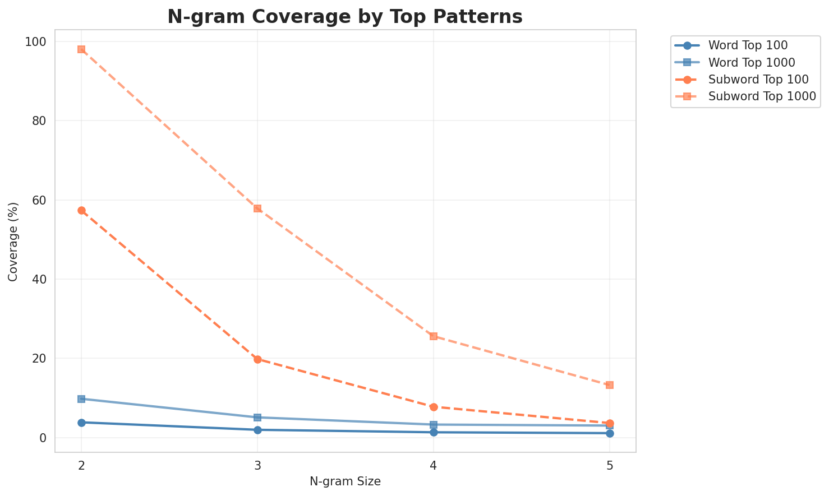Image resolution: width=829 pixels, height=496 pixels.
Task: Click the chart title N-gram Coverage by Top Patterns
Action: [x=345, y=17]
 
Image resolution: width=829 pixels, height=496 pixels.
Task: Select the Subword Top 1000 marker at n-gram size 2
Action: [x=81, y=49]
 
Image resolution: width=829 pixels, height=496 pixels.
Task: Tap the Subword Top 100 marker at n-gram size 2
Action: [x=81, y=210]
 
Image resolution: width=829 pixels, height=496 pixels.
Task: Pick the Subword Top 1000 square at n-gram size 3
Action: [x=257, y=208]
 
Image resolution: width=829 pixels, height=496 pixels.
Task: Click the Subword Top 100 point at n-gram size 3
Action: [x=257, y=359]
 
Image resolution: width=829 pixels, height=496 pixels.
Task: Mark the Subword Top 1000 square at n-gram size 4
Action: [x=434, y=336]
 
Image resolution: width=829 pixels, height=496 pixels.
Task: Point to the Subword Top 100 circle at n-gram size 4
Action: [x=434, y=407]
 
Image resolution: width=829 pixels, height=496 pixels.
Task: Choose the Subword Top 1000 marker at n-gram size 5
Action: [x=610, y=385]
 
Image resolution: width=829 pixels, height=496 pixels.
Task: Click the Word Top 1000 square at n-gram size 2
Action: [x=81, y=399]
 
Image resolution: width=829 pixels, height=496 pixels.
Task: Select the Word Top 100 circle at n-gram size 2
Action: [x=81, y=423]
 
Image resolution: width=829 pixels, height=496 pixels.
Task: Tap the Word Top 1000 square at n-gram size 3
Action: [x=257, y=418]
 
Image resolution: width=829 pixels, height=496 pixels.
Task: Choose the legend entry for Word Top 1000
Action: [x=752, y=62]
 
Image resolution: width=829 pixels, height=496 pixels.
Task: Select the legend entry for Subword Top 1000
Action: [x=762, y=96]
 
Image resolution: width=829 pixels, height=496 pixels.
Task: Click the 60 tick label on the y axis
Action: [x=42, y=200]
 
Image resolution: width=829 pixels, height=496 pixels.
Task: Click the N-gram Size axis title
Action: [x=345, y=481]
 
